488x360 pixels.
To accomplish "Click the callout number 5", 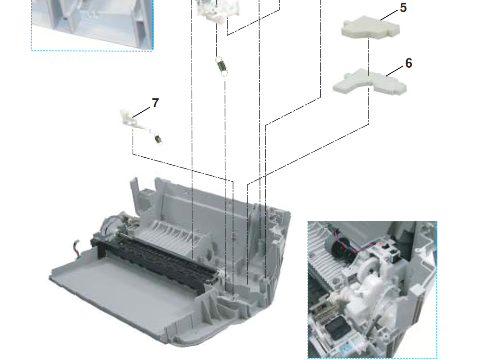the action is pos(403,7).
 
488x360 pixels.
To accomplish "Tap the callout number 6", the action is pos(409,63).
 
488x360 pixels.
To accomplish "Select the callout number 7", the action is pos(155,103).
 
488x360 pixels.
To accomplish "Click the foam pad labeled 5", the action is pos(371,27).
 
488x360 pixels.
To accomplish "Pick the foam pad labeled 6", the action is pos(370,82).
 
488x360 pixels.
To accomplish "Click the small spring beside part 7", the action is pos(158,139).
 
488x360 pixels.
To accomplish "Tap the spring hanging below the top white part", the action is pos(221,66).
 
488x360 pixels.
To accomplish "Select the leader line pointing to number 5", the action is pos(389,15).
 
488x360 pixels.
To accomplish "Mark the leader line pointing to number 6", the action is pos(395,71).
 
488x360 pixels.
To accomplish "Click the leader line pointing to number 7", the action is pos(141,112).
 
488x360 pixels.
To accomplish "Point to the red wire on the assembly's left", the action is pos(76,247).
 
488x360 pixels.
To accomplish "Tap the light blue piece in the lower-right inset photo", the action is pos(347,350).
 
